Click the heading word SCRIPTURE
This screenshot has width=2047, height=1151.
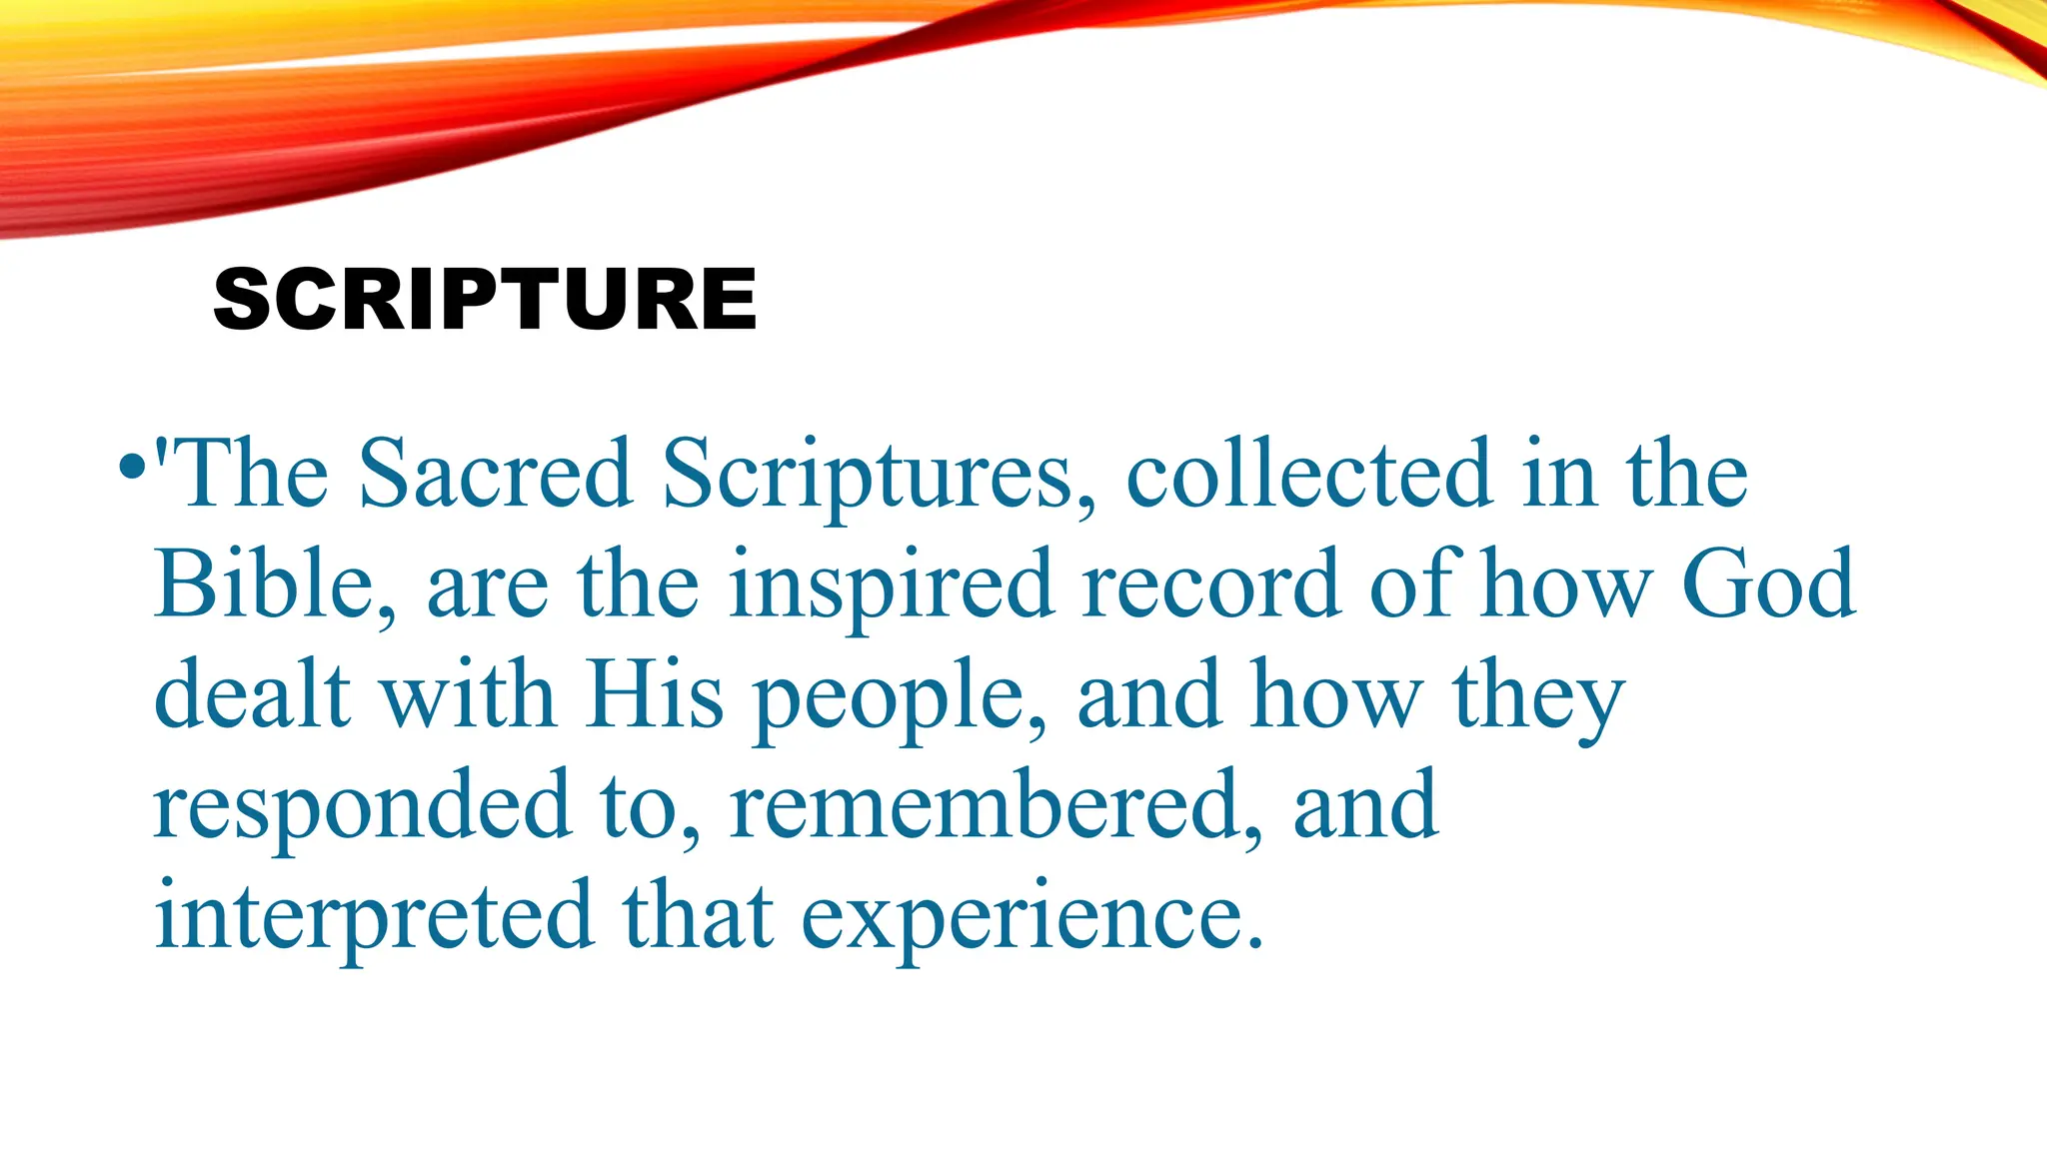pyautogui.click(x=486, y=300)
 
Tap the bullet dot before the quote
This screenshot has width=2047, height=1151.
pyautogui.click(x=131, y=466)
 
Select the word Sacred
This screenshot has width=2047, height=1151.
pyautogui.click(x=495, y=474)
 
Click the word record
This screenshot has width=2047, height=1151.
pyautogui.click(x=1211, y=584)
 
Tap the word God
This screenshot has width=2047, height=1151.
pyautogui.click(x=1768, y=584)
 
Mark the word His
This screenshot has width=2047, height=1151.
pyautogui.click(x=655, y=694)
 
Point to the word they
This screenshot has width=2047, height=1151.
pyautogui.click(x=1539, y=699)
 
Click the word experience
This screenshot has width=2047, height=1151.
pyautogui.click(x=1031, y=921)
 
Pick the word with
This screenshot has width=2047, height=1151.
pyautogui.click(x=469, y=694)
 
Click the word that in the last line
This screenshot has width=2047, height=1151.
pyautogui.click(x=698, y=916)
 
